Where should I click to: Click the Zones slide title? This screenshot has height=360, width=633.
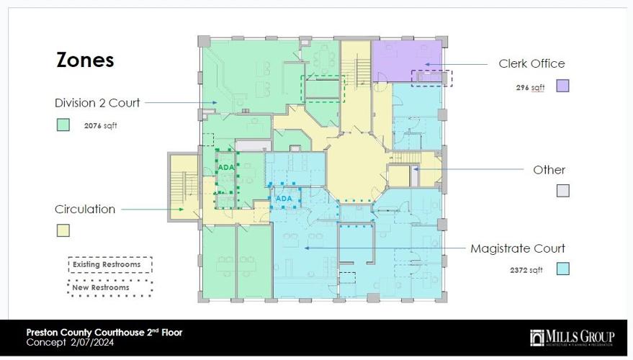pyautogui.click(x=85, y=60)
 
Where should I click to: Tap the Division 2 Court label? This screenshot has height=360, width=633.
pyautogui.click(x=97, y=102)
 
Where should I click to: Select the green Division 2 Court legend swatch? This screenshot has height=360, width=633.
pyautogui.click(x=63, y=125)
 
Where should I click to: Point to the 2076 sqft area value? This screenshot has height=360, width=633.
pyautogui.click(x=100, y=125)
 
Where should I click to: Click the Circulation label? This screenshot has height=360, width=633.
pyautogui.click(x=85, y=210)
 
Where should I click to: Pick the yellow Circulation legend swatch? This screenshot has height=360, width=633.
pyautogui.click(x=63, y=230)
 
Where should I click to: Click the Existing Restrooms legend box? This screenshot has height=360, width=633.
pyautogui.click(x=110, y=265)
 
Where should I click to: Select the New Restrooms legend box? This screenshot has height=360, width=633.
pyautogui.click(x=110, y=287)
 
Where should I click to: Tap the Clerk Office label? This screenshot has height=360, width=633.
pyautogui.click(x=531, y=63)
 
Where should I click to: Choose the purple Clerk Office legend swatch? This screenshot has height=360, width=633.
pyautogui.click(x=562, y=86)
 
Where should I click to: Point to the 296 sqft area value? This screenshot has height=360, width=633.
pyautogui.click(x=530, y=87)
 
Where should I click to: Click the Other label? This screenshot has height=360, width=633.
pyautogui.click(x=549, y=170)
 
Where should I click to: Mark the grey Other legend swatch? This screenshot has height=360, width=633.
pyautogui.click(x=562, y=191)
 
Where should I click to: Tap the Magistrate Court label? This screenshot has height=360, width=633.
pyautogui.click(x=518, y=248)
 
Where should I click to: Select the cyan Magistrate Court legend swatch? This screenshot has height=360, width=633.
pyautogui.click(x=562, y=269)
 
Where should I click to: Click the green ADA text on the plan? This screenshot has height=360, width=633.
pyautogui.click(x=226, y=167)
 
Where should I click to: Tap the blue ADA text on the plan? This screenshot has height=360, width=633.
pyautogui.click(x=284, y=198)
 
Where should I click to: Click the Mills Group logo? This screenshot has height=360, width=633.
pyautogui.click(x=572, y=337)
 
